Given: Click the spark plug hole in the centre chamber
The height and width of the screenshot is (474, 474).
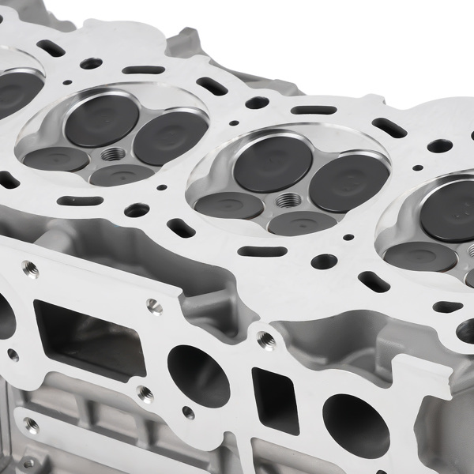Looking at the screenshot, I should [289, 200].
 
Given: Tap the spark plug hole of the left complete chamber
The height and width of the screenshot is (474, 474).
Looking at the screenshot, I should [113, 153].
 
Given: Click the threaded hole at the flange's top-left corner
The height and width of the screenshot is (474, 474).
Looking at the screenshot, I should [29, 266].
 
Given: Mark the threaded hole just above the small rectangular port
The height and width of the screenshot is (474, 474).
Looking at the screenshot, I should [267, 340].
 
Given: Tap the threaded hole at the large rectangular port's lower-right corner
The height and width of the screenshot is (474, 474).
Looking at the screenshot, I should [145, 393].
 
